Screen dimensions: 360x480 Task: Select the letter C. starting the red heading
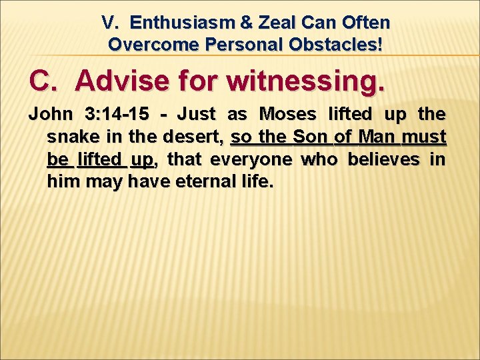(x=45, y=81)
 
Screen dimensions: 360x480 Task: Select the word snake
(x=69, y=137)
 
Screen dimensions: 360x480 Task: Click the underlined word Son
(x=310, y=137)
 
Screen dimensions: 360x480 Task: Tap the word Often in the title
(x=365, y=23)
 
